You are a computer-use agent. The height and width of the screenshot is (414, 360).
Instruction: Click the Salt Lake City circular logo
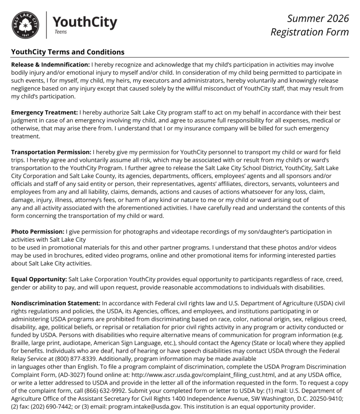pyautogui.click(x=25, y=25)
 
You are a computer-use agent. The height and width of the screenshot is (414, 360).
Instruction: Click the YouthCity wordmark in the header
pyautogui.click(x=85, y=22)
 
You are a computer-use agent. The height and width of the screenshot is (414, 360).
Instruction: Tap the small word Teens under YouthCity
pyautogui.click(x=60, y=32)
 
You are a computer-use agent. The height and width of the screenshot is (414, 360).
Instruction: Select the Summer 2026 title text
pyautogui.click(x=318, y=18)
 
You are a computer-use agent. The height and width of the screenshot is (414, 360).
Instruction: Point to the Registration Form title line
pyautogui.click(x=309, y=32)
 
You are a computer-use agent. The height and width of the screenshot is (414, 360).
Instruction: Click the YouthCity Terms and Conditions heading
pyautogui.click(x=68, y=52)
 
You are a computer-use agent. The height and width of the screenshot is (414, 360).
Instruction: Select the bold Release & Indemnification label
pyautogui.click(x=51, y=64)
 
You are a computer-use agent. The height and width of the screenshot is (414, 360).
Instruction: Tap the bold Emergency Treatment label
pyautogui.click(x=44, y=112)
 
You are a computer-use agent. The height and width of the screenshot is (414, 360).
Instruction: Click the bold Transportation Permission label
pyautogui.click(x=51, y=152)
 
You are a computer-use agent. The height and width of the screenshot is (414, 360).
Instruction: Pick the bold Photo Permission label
pyautogui.click(x=38, y=232)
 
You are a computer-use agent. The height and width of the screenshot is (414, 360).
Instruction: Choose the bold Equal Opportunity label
pyautogui.click(x=39, y=279)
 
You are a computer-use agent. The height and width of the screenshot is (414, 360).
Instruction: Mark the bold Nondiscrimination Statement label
pyautogui.click(x=56, y=303)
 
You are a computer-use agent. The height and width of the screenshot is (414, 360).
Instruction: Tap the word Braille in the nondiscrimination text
pyautogui.click(x=21, y=343)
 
